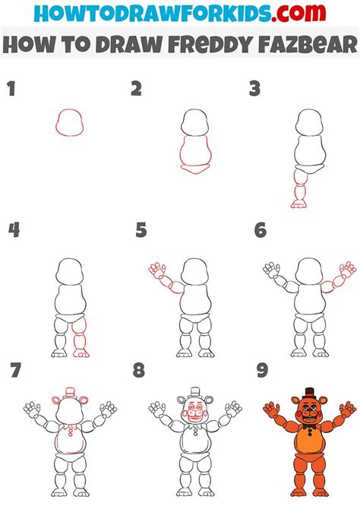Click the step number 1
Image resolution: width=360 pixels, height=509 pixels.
pyautogui.click(x=11, y=90)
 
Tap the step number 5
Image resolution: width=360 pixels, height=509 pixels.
pyautogui.click(x=141, y=229)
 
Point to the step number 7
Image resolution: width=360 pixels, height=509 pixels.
pyautogui.click(x=14, y=372)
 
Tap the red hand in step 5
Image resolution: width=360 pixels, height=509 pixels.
pyautogui.click(x=156, y=270)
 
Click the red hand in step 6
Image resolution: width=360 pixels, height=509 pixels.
pyautogui.click(x=347, y=270)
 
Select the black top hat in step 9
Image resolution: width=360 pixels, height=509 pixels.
pyautogui.click(x=308, y=394)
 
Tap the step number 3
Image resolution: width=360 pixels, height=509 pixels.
pyautogui.click(x=255, y=90)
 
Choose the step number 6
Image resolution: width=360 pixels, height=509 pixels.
pyautogui.click(x=261, y=229)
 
